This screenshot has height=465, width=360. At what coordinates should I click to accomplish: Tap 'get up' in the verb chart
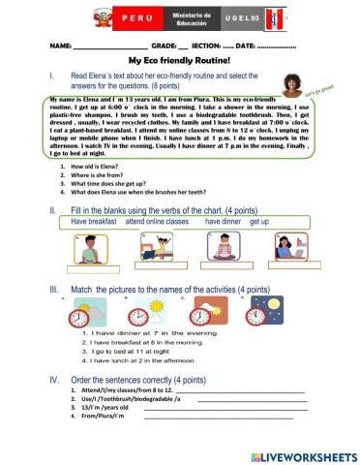click(259, 222)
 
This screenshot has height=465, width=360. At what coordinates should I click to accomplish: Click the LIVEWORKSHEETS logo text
click(305, 453)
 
